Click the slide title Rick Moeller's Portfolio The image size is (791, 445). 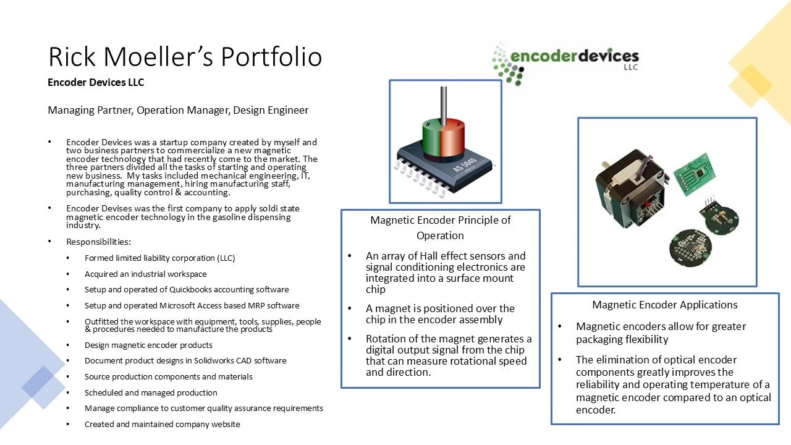point(185,57)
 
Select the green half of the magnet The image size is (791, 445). point(431,133)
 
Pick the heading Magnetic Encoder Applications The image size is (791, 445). point(664,305)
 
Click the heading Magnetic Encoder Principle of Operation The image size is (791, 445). point(440,227)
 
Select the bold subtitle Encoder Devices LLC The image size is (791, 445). point(96,82)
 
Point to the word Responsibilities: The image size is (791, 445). point(98,242)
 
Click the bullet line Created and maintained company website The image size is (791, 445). point(162,424)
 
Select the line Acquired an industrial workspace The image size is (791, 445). point(145,274)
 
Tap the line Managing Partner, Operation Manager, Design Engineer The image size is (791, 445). point(178,111)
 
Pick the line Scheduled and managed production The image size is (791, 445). point(151,392)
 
